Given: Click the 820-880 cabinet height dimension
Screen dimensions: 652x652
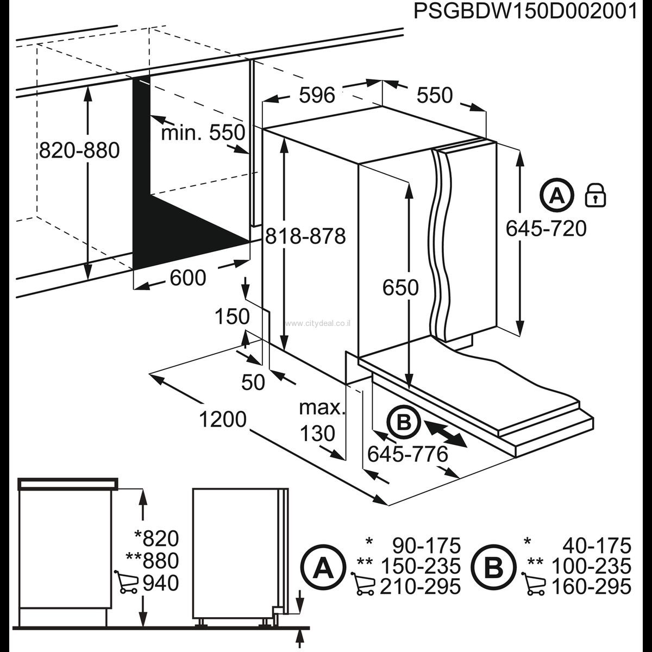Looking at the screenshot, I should click(79, 150).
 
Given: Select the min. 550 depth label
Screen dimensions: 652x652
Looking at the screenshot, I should click(203, 132).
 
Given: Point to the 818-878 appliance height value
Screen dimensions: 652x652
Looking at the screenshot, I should click(306, 236).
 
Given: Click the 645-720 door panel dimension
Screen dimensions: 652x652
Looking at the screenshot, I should click(546, 229).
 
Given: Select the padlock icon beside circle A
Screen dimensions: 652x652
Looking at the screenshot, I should click(595, 195).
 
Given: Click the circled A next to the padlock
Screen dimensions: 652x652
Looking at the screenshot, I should click(557, 195).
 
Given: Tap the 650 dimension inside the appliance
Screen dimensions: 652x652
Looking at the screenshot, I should click(400, 287).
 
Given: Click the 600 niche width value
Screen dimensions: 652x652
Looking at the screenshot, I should click(188, 278).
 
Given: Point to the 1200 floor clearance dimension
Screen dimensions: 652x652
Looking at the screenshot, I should click(223, 419).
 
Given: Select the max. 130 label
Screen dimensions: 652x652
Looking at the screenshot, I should click(322, 420).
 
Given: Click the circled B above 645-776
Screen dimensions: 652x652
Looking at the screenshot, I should click(403, 422).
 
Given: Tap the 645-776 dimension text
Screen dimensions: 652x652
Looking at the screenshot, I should click(407, 453).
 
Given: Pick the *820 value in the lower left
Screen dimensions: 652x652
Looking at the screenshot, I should click(157, 538).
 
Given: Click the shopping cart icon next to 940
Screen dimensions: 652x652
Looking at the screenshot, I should click(127, 582).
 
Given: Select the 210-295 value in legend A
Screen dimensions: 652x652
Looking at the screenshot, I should click(421, 587).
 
